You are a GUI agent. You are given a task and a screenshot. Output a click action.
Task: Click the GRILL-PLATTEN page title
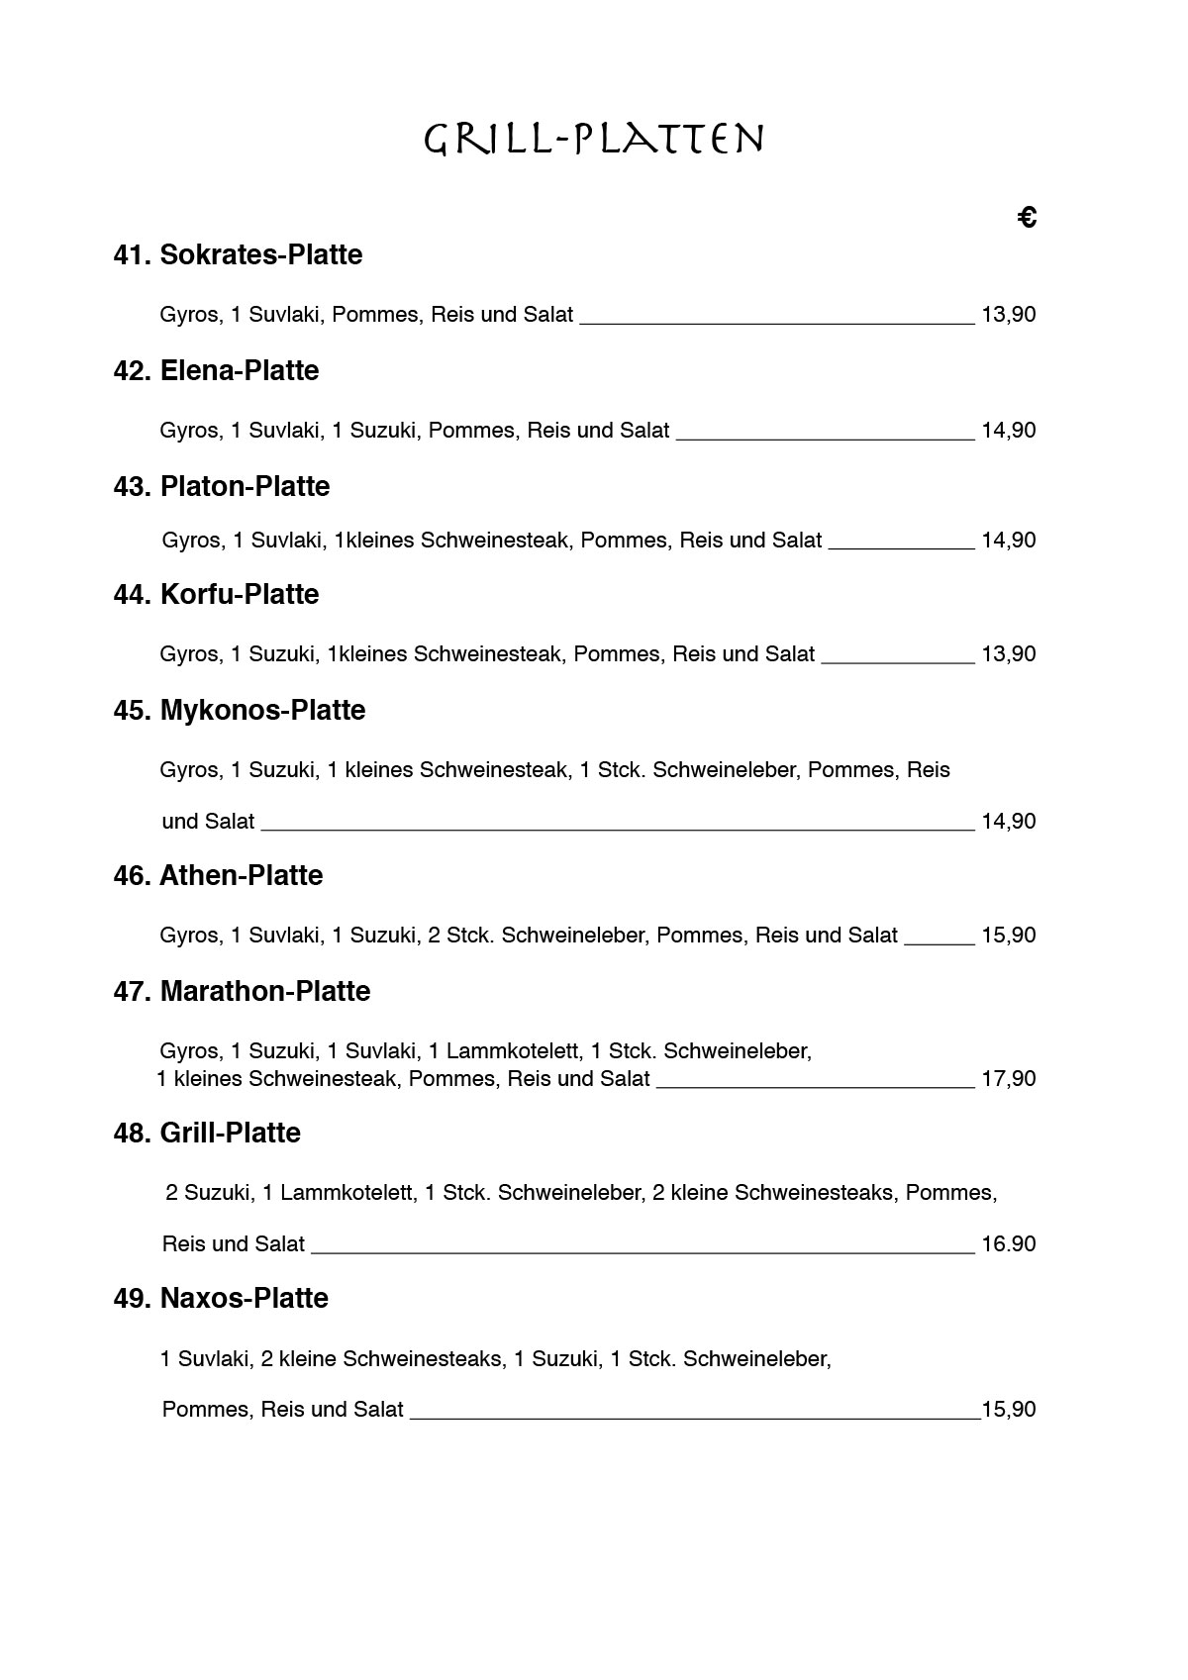pyautogui.click(x=594, y=140)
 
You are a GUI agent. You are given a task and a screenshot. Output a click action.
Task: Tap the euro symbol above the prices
pyautogui.click(x=1027, y=217)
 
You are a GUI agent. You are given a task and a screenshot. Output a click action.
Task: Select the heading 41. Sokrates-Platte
pyautogui.click(x=238, y=255)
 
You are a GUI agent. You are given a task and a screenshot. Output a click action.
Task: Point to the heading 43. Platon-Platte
pyautogui.click(x=222, y=487)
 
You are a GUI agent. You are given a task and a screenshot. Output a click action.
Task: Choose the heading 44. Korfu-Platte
pyautogui.click(x=216, y=595)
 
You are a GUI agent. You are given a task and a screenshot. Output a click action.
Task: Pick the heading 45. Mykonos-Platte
pyautogui.click(x=240, y=711)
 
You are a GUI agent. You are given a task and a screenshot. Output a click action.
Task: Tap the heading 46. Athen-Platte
pyautogui.click(x=218, y=876)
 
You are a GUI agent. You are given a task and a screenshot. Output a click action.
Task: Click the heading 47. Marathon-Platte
pyautogui.click(x=242, y=992)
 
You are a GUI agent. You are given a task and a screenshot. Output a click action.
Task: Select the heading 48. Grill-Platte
pyautogui.click(x=207, y=1134)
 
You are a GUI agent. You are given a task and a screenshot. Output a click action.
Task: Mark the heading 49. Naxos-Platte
pyautogui.click(x=221, y=1299)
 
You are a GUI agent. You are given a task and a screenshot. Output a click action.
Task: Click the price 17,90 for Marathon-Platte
pyautogui.click(x=1008, y=1079)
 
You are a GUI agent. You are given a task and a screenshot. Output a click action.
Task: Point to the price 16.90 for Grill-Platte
pyautogui.click(x=1008, y=1244)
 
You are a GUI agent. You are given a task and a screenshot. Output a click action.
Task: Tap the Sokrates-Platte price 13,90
pyautogui.click(x=1008, y=315)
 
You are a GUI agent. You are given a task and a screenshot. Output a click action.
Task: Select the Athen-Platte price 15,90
pyautogui.click(x=1008, y=936)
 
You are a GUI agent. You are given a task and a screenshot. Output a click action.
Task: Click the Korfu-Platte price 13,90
pyautogui.click(x=1008, y=654)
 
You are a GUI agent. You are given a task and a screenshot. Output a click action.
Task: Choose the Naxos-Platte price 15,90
pyautogui.click(x=1009, y=1410)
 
